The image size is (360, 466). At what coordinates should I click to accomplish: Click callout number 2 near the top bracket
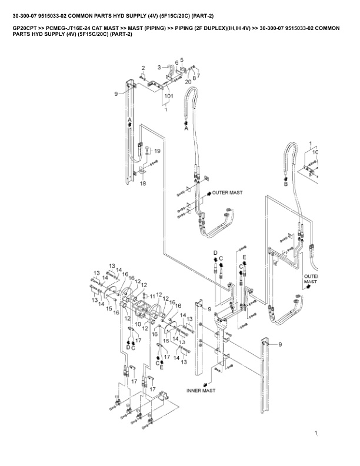143,69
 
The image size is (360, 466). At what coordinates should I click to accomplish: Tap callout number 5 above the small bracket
182,59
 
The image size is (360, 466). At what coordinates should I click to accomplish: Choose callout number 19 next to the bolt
157,151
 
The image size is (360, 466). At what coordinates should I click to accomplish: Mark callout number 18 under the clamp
143,184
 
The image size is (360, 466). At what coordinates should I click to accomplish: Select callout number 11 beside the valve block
152,295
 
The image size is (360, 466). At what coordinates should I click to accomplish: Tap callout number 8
194,78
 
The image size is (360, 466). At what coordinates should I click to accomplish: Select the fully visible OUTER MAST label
228,192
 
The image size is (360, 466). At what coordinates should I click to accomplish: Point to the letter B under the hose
286,184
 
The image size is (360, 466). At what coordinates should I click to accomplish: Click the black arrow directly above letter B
286,178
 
